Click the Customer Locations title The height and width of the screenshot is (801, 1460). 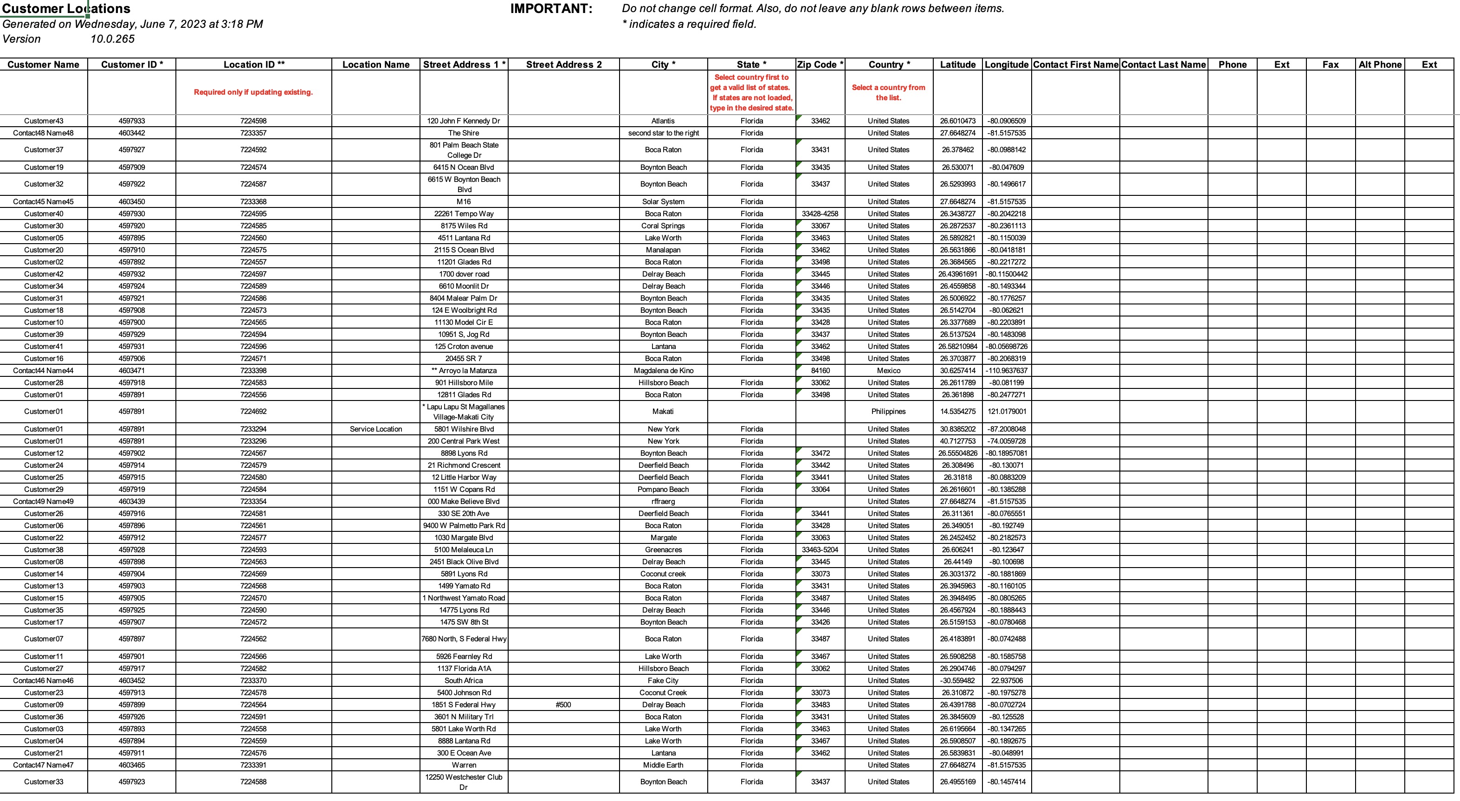tap(66, 8)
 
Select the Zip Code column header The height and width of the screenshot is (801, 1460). tap(820, 65)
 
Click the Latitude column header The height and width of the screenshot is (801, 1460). tap(957, 65)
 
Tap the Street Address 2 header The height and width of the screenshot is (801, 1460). tap(563, 65)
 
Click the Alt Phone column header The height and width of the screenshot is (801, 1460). tap(1380, 65)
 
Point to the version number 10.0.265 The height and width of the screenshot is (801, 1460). tap(112, 39)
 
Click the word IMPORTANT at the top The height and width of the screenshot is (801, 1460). tap(551, 8)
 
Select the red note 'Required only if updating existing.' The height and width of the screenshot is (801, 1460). tap(253, 92)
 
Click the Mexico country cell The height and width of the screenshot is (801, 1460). tap(888, 371)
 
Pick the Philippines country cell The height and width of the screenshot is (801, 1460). tap(888, 412)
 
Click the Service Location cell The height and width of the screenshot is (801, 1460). tap(376, 429)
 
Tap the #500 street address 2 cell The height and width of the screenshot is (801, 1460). tap(563, 704)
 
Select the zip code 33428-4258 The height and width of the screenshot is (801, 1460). tap(820, 214)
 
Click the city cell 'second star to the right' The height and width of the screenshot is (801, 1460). tap(663, 133)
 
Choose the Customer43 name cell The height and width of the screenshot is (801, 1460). tap(44, 121)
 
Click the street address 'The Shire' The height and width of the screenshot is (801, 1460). tap(464, 133)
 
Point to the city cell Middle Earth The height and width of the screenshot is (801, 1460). tap(663, 765)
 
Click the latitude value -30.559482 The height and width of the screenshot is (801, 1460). tap(957, 681)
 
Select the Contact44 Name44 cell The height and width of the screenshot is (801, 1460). tap(44, 371)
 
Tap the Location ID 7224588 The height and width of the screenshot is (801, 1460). tap(253, 782)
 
